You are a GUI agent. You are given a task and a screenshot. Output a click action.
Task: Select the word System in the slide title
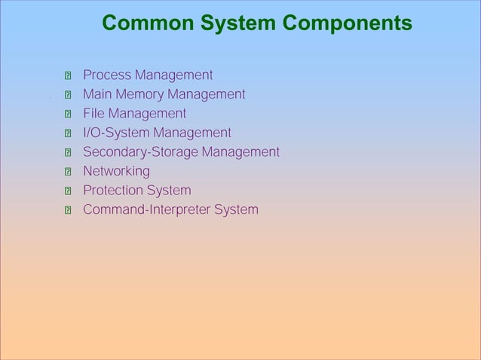click(x=234, y=24)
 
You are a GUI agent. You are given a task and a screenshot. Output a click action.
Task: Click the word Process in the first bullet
click(x=105, y=75)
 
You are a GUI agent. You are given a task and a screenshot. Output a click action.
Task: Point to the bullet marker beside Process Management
click(x=67, y=76)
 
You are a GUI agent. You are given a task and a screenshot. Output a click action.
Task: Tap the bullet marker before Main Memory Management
click(x=67, y=96)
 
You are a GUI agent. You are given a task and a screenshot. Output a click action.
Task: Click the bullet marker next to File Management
click(x=67, y=114)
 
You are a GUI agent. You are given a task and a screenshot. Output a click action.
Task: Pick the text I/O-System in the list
click(x=116, y=133)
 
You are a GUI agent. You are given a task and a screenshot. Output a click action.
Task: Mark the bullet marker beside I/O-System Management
click(x=67, y=134)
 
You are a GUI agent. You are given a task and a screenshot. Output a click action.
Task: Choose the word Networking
click(x=116, y=172)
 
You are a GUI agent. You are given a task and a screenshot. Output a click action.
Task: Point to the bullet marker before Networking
click(x=67, y=172)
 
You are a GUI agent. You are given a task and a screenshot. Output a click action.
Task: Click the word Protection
click(x=115, y=191)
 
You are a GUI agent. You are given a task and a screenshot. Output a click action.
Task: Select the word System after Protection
click(x=170, y=191)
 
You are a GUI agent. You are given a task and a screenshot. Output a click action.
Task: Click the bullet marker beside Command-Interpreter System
click(x=67, y=210)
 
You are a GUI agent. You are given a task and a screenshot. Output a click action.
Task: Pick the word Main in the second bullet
click(x=95, y=95)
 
